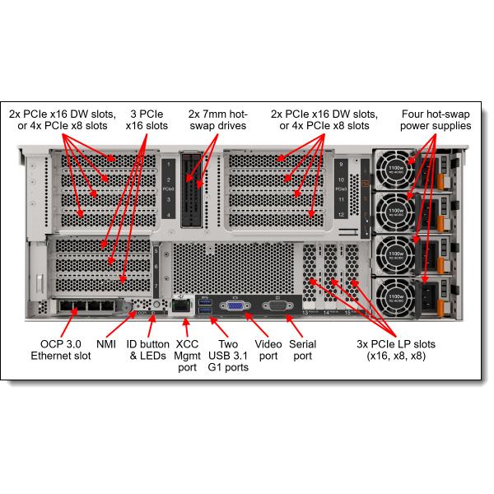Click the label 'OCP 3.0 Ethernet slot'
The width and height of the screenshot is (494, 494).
[62, 349]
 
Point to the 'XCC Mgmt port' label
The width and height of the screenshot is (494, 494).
[187, 355]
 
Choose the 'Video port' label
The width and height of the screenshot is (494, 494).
[268, 349]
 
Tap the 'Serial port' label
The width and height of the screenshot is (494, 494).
[303, 349]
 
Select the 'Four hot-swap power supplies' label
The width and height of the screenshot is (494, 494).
[436, 119]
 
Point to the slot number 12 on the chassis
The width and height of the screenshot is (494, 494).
[341, 214]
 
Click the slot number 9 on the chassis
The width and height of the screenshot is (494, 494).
[341, 164]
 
